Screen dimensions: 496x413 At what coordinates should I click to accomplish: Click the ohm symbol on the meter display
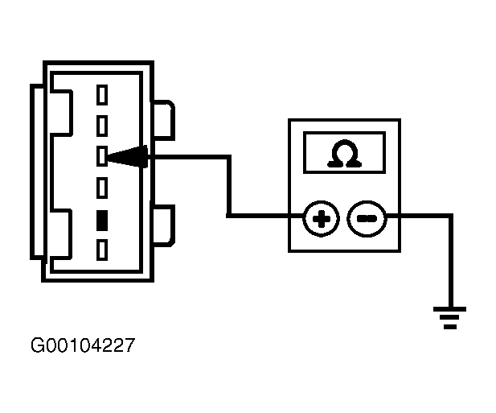click(344, 153)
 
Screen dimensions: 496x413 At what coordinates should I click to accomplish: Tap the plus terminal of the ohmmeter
click(321, 219)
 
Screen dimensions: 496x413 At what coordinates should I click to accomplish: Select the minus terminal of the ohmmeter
click(367, 219)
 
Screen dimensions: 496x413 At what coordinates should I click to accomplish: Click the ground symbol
click(450, 318)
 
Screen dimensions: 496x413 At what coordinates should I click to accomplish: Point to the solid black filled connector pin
click(102, 221)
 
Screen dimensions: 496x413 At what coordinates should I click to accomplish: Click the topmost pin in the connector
click(102, 95)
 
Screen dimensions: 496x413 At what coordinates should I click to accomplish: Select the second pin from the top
click(102, 126)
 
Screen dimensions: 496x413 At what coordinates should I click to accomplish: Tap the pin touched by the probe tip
click(102, 156)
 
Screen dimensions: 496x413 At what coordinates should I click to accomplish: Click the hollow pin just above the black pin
click(102, 188)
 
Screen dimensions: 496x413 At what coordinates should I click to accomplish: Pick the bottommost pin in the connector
click(102, 250)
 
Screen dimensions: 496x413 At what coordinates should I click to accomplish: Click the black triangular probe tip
click(128, 156)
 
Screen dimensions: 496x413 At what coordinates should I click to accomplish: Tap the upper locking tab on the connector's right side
click(164, 120)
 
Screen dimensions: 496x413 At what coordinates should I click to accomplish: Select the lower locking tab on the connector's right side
click(164, 225)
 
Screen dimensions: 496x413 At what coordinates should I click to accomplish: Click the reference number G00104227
click(83, 345)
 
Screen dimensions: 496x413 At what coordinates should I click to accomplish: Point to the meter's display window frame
click(344, 133)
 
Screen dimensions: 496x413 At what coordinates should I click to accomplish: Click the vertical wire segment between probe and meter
click(229, 186)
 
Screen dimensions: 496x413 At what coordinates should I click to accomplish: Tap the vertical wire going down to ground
click(451, 261)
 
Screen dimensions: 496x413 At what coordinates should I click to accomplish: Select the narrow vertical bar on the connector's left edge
click(37, 172)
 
